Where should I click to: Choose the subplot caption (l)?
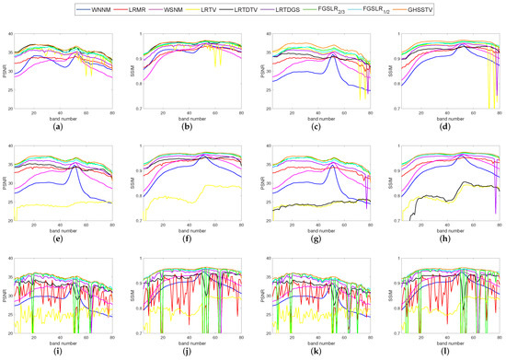(445, 353)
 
